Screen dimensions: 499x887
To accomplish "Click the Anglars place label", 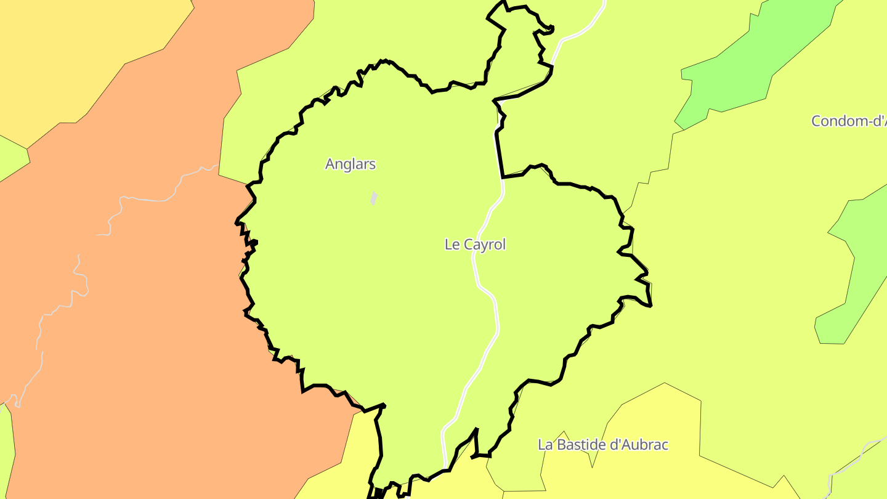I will coord(350,164).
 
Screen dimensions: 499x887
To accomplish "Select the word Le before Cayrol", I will coord(452,245).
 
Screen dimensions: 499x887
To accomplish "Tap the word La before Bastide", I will coord(545,445).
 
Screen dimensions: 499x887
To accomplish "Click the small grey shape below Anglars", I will coord(373,198).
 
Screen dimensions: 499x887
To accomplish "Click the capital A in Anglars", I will coord(330,164).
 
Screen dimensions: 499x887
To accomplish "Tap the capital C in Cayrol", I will coord(466,245).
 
